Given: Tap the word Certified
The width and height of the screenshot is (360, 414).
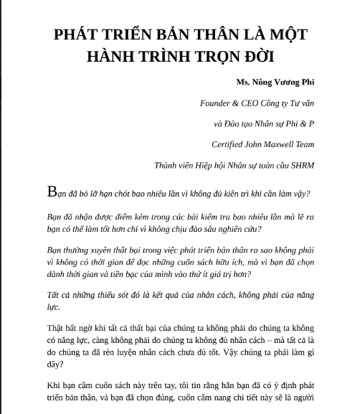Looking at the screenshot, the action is pyautogui.click(x=228, y=144).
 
